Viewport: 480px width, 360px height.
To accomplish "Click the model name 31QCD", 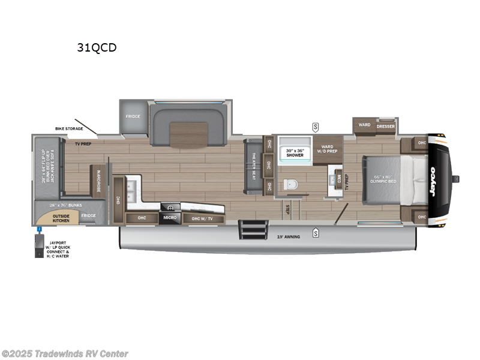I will point(96,48).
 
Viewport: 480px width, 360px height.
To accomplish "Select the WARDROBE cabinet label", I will point(98,180).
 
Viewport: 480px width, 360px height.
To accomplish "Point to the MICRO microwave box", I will point(169,217).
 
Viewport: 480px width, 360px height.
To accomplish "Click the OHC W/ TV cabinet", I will point(203,217).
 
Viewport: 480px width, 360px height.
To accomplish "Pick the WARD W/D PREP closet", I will point(328,149).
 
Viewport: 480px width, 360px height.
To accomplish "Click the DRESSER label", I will point(386,127).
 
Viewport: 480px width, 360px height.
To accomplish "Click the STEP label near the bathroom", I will point(287,210).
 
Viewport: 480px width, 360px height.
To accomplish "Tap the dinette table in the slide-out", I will point(189,134).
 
